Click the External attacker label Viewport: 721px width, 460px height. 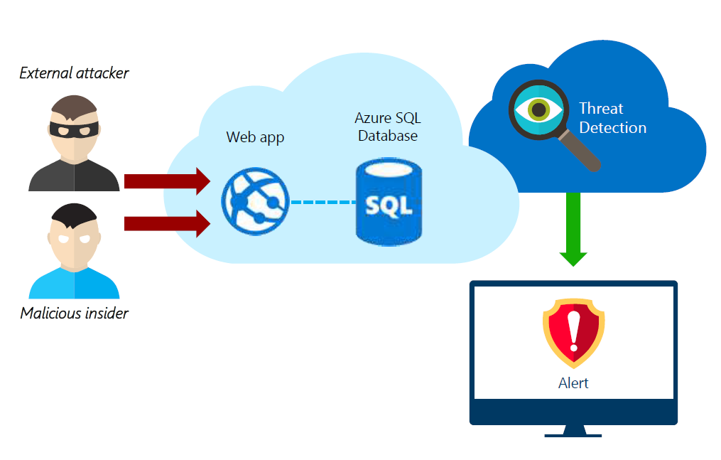pyautogui.click(x=74, y=73)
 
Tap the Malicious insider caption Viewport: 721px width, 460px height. pyautogui.click(x=74, y=314)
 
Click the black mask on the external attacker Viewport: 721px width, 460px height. pyautogui.click(x=75, y=129)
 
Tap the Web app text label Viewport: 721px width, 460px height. pyautogui.click(x=255, y=137)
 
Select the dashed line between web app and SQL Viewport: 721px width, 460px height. pyautogui.click(x=322, y=202)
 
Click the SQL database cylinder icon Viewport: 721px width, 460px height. pyautogui.click(x=388, y=203)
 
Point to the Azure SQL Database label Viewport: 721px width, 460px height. pyautogui.click(x=388, y=126)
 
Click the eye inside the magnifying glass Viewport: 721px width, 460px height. pyautogui.click(x=538, y=109)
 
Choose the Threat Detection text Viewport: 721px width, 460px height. pyautogui.click(x=612, y=118)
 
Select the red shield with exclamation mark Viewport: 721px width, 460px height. pyautogui.click(x=573, y=332)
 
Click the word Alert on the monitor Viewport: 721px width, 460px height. pyautogui.click(x=573, y=383)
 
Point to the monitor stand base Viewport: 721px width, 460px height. pyautogui.click(x=573, y=432)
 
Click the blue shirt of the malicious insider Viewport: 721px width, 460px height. pyautogui.click(x=74, y=284)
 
